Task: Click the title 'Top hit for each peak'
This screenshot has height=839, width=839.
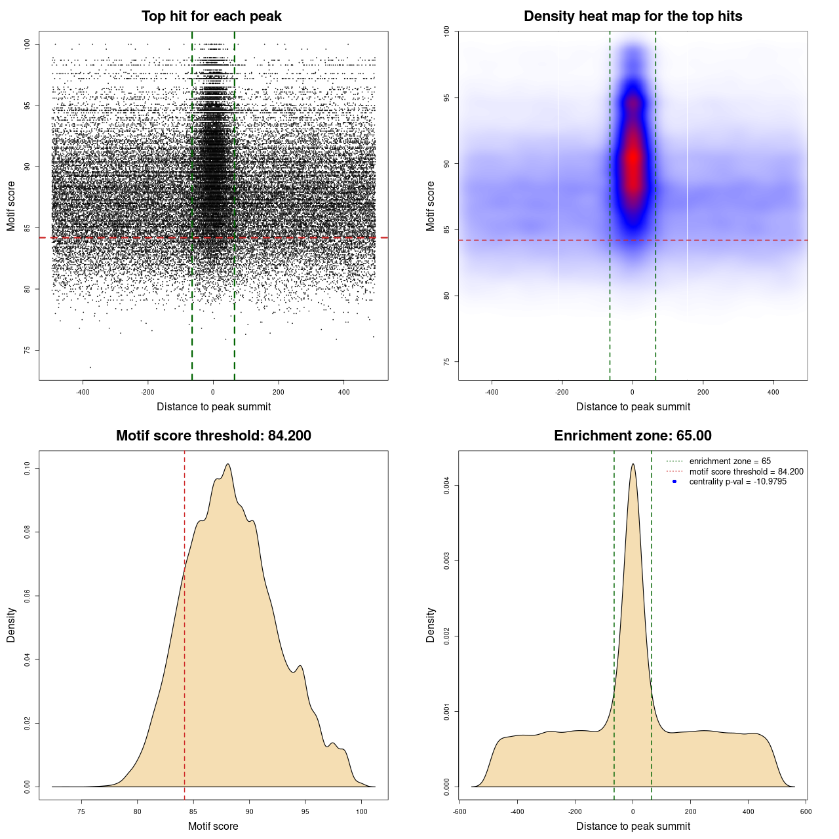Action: [x=211, y=16]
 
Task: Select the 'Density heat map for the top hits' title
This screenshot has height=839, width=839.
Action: [x=633, y=16]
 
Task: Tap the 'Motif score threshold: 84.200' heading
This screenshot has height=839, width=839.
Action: [x=213, y=436]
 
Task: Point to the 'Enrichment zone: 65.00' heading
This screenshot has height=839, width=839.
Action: [x=633, y=436]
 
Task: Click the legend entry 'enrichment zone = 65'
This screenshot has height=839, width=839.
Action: [x=730, y=461]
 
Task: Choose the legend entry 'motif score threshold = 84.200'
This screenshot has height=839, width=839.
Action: [x=746, y=472]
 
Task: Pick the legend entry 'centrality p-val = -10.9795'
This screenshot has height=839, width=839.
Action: [x=737, y=482]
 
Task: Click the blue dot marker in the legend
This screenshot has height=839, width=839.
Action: [x=674, y=482]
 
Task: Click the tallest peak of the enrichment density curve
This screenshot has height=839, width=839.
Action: [x=633, y=464]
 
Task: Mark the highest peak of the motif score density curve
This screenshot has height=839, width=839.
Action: [x=227, y=464]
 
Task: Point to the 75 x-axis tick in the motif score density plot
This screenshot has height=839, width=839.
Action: [x=81, y=811]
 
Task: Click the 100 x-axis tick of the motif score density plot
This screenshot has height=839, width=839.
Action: [x=361, y=811]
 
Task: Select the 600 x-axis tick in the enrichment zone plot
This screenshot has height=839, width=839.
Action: [x=806, y=811]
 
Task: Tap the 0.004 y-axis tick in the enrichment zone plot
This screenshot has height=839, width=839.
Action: [x=446, y=486]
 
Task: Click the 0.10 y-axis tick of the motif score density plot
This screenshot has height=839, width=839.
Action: [x=27, y=468]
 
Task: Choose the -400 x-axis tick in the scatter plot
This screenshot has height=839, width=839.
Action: [x=83, y=392]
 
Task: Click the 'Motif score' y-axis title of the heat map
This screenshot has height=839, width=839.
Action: [x=430, y=206]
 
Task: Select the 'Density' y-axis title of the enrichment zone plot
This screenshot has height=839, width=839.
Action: [x=430, y=625]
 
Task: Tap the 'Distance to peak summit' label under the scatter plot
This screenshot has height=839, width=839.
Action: [x=213, y=407]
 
